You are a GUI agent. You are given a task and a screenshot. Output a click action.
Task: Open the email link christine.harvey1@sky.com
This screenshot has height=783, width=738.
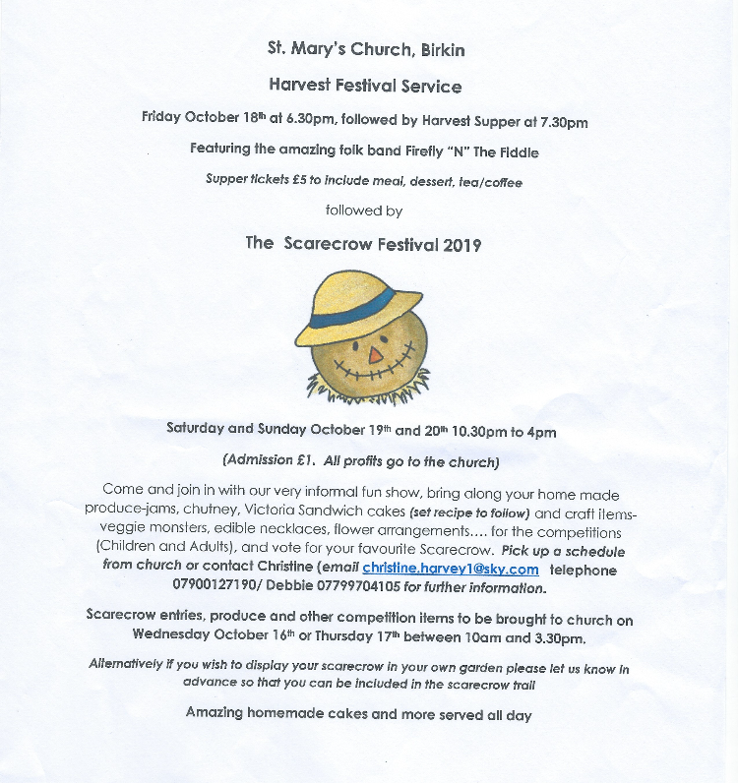[451, 569]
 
